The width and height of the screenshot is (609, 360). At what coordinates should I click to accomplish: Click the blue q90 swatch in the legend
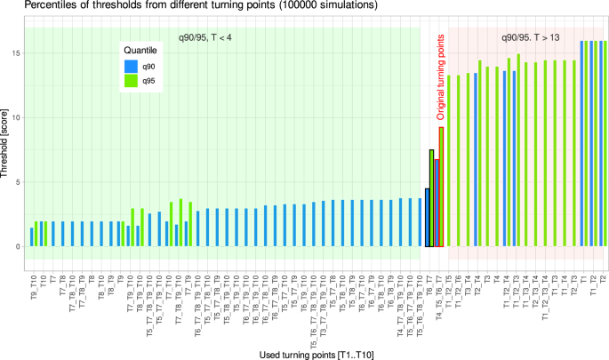coord(131,66)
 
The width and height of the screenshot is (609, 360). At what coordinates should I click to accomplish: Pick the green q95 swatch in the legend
coord(131,79)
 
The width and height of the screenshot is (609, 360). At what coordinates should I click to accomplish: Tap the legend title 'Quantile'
coord(140,51)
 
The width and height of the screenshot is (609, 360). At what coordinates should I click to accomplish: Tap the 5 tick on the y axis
coord(17,182)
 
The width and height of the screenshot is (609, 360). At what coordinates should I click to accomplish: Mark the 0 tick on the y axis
coord(17,246)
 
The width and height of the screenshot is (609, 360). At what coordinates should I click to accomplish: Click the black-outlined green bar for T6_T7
coord(431,198)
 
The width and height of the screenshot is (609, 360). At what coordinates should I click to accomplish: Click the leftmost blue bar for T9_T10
coord(32,237)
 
